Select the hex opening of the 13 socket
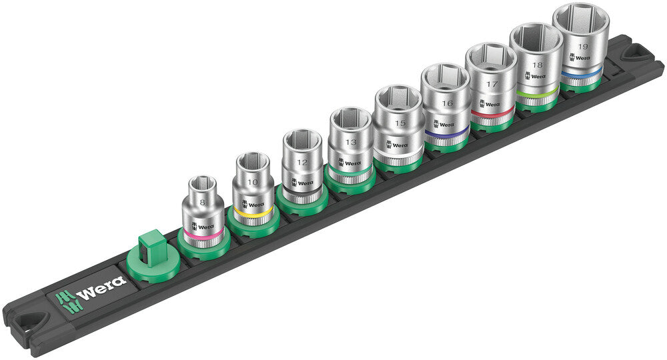point(350,119)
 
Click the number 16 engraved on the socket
point(446,103)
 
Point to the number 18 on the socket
point(538,65)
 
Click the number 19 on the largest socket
point(583,47)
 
